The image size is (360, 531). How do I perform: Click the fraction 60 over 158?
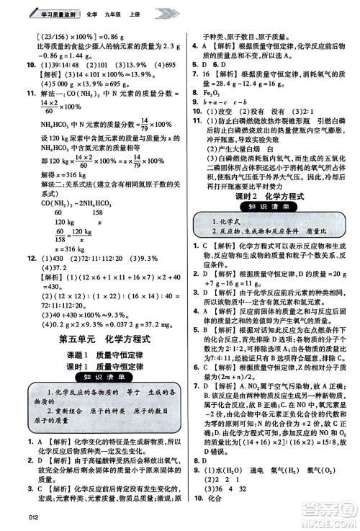[x=60, y=233]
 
